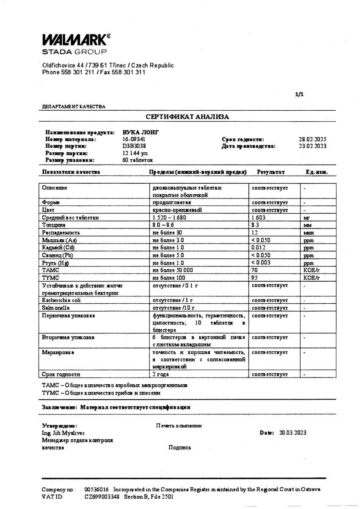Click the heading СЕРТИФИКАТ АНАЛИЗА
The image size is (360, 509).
click(x=187, y=116)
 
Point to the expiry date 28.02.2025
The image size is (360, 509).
click(x=313, y=139)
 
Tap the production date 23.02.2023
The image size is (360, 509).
click(x=313, y=146)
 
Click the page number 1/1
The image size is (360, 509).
click(x=299, y=95)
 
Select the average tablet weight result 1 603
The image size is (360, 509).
click(x=258, y=217)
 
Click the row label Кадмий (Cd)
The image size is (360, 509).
click(x=55, y=247)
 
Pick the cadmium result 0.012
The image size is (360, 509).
click(x=258, y=247)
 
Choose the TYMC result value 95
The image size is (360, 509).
click(x=255, y=277)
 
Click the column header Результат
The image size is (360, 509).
click(x=271, y=172)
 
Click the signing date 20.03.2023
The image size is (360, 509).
click(x=293, y=433)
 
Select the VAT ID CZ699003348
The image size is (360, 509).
click(x=102, y=496)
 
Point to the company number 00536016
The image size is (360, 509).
click(x=97, y=489)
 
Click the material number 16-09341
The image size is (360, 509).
click(x=134, y=139)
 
